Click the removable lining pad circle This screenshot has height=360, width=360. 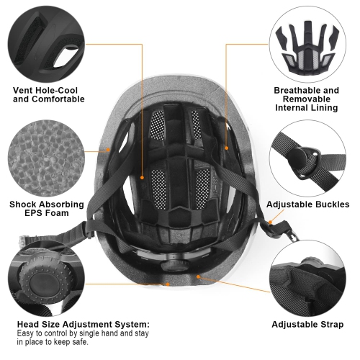click(306, 43)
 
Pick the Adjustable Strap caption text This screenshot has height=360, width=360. click(307, 324)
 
